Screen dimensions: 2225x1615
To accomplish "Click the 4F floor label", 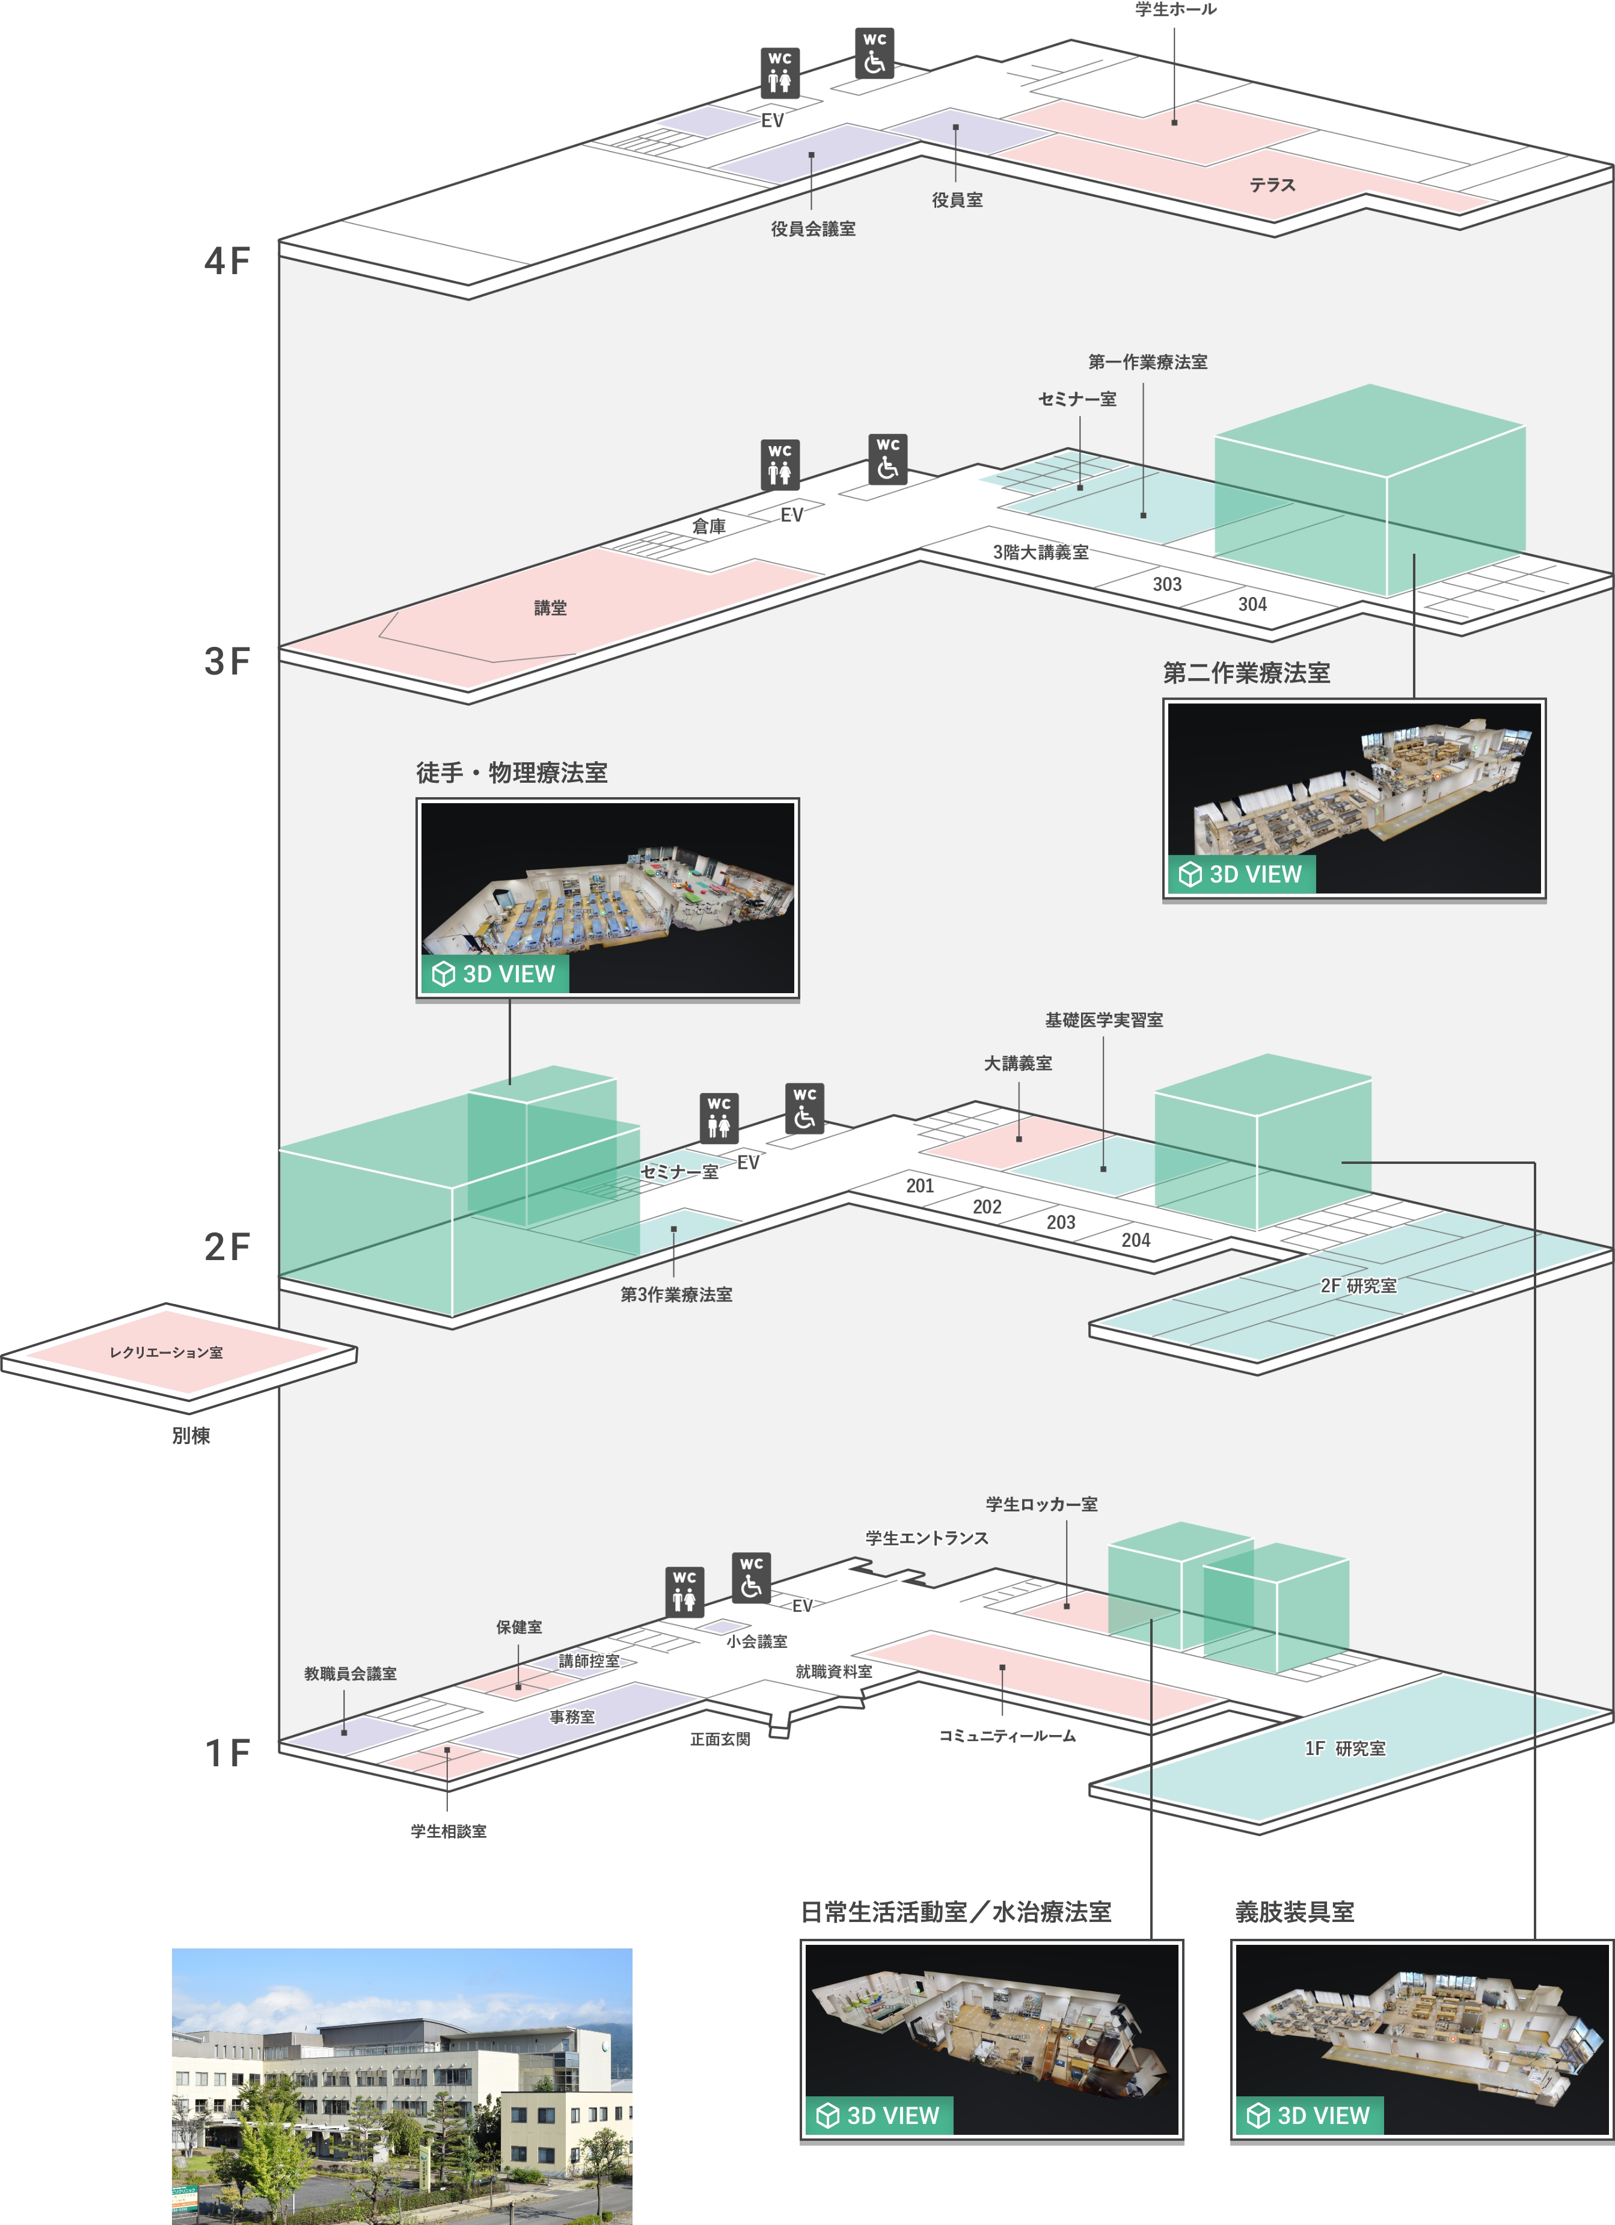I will pyautogui.click(x=227, y=261).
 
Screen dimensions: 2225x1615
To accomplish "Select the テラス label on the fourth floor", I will pyautogui.click(x=1272, y=185).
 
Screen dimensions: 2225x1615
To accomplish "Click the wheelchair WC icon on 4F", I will pyautogui.click(x=874, y=54).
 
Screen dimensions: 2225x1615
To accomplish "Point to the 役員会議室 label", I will pyautogui.click(x=812, y=228).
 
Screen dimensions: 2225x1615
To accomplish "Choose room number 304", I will pyautogui.click(x=1252, y=604).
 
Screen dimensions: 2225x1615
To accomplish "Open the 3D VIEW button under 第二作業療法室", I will pyautogui.click(x=1241, y=874).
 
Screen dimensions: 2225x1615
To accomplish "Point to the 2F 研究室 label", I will pyautogui.click(x=1358, y=1285).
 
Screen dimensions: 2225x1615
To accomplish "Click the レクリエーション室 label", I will pyautogui.click(x=166, y=1352).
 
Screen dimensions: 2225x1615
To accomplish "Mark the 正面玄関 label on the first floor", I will pyautogui.click(x=720, y=1739).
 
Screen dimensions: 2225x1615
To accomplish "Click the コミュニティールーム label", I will pyautogui.click(x=1007, y=1736).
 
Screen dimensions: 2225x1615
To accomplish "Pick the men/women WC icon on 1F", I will pyautogui.click(x=684, y=1591).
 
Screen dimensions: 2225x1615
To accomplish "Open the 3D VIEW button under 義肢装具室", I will pyautogui.click(x=1309, y=2115).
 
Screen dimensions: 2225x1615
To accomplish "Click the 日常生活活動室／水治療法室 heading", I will pyautogui.click(x=955, y=1912).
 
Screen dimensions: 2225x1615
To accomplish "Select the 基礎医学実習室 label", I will pyautogui.click(x=1104, y=1020).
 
